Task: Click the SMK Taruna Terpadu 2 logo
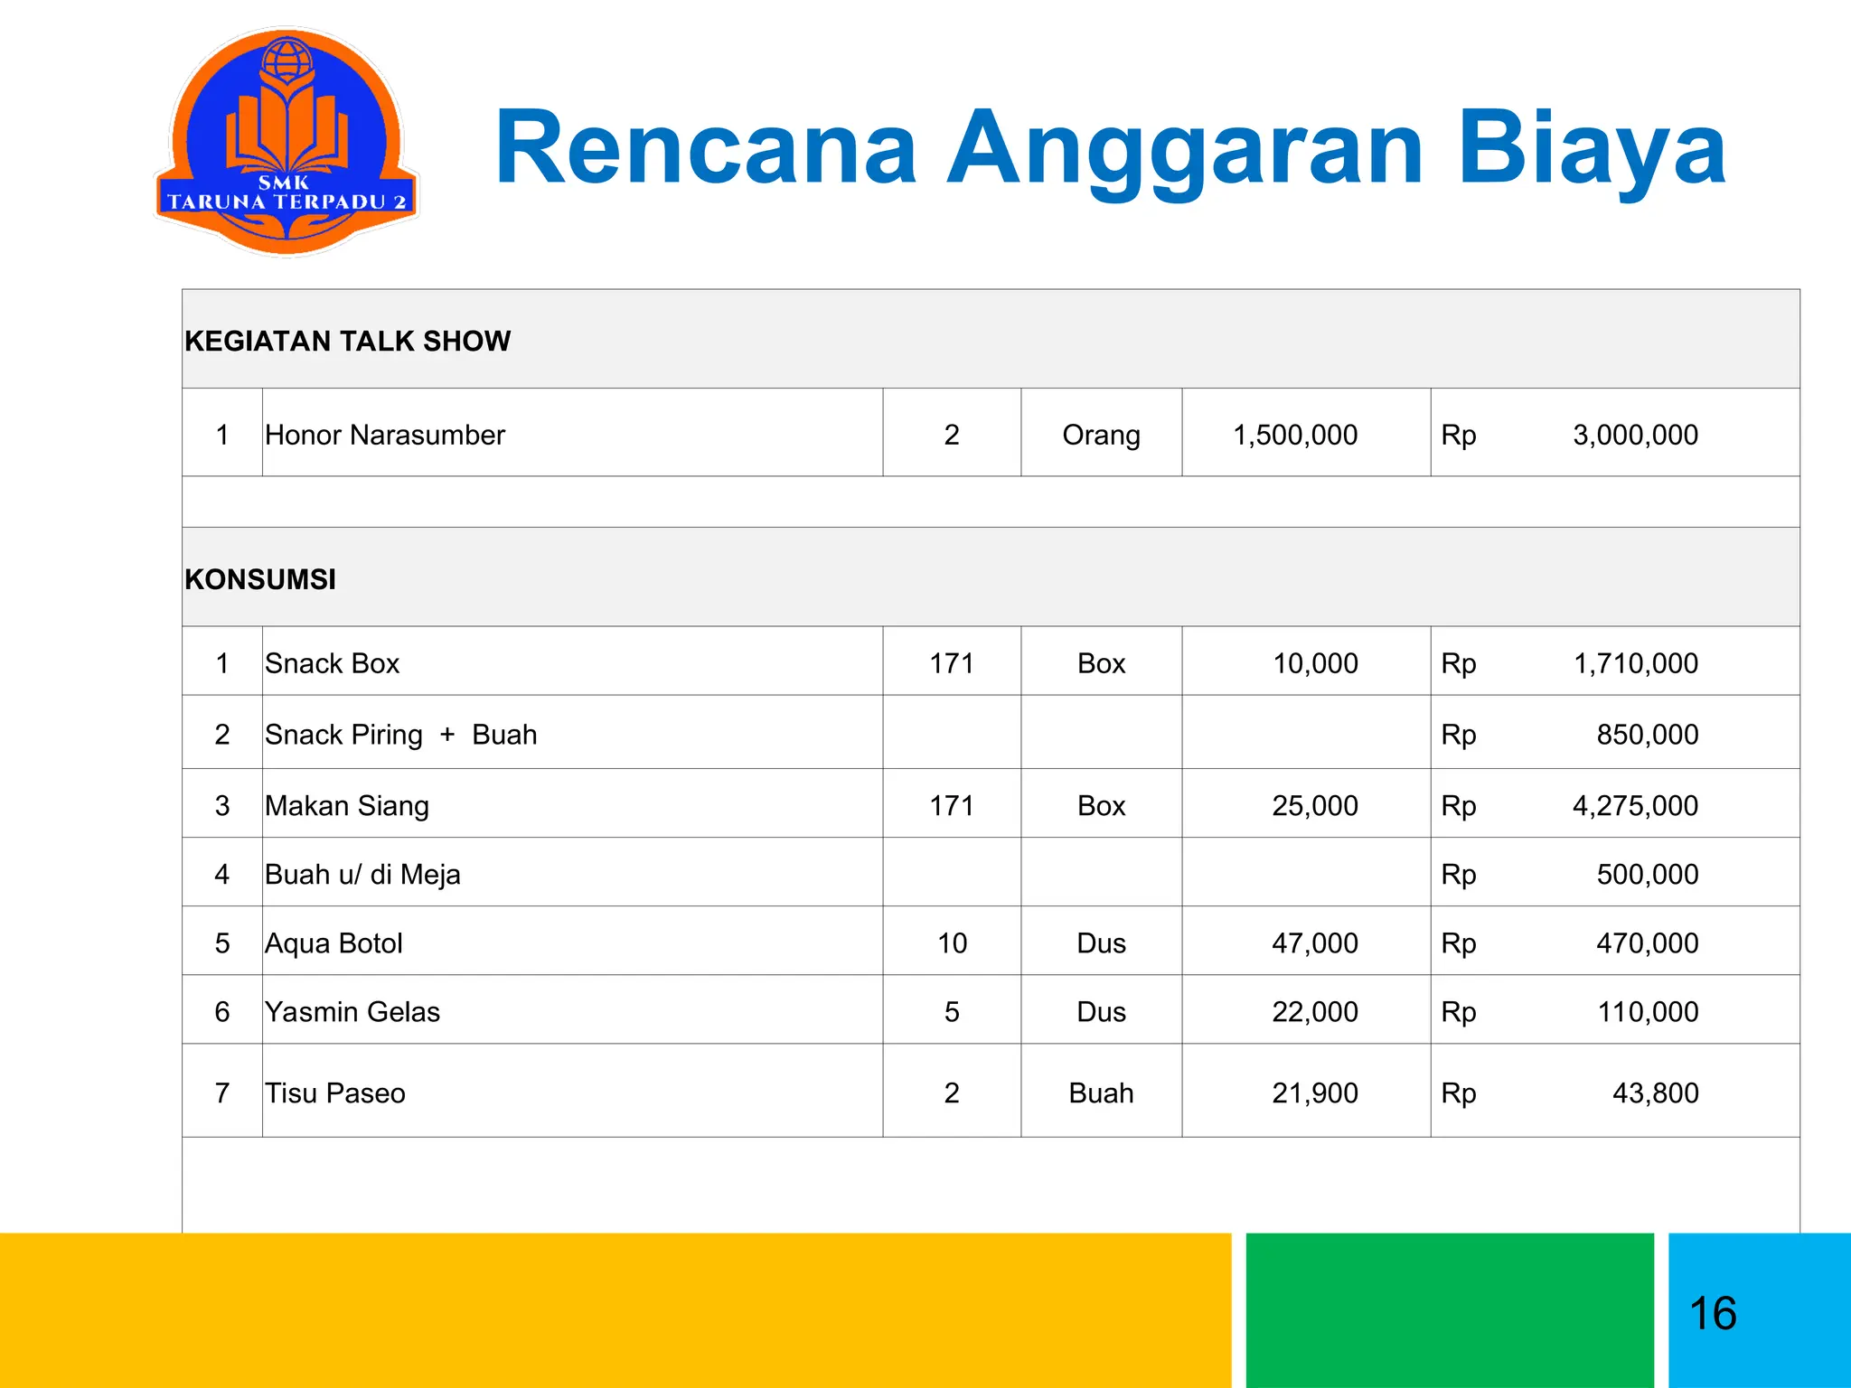tap(287, 143)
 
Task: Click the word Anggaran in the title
tap(1185, 149)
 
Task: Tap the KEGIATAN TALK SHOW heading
tap(347, 342)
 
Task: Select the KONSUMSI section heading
tap(260, 579)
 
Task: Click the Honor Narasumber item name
tap(384, 436)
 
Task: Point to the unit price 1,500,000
tap(1294, 436)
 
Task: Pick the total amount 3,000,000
tap(1635, 436)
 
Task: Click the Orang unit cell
tap(1101, 436)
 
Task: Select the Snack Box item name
tap(332, 664)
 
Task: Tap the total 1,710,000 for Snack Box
tap(1635, 664)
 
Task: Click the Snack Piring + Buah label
tap(400, 735)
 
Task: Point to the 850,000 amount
tap(1647, 735)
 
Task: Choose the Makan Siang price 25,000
tap(1314, 806)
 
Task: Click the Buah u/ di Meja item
tap(362, 875)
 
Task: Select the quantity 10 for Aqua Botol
tap(952, 943)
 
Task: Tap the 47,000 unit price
tap(1314, 943)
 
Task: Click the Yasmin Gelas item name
tap(352, 1012)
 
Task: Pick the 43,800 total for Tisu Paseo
tap(1655, 1093)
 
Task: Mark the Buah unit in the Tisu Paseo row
tap(1101, 1093)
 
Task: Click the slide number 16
tap(1713, 1313)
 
